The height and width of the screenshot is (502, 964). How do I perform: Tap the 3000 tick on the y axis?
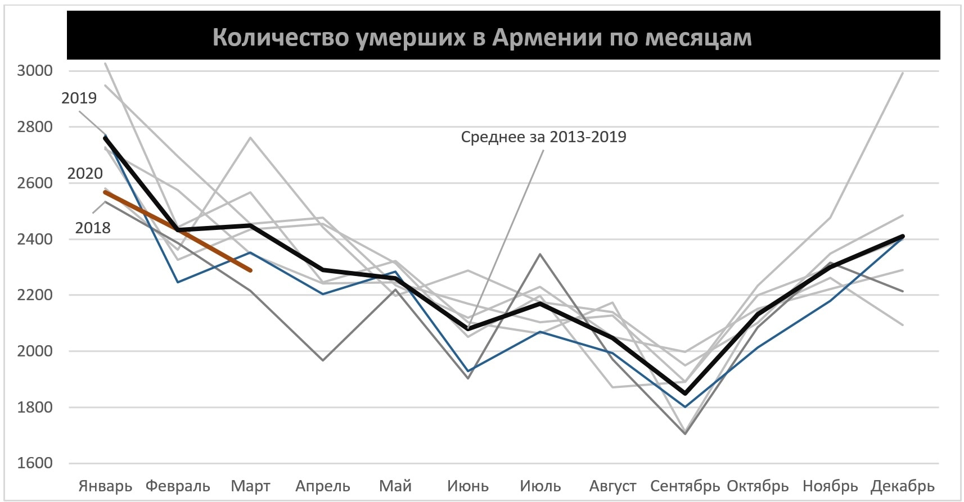35,71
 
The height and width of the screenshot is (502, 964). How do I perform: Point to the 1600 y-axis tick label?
35,463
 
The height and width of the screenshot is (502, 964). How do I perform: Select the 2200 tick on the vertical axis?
35,295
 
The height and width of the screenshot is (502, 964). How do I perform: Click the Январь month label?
105,486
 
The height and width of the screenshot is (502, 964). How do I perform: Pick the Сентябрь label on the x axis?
684,486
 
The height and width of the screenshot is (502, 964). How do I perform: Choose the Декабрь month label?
902,486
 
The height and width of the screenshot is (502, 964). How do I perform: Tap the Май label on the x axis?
395,486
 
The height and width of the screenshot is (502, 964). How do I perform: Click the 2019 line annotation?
79,98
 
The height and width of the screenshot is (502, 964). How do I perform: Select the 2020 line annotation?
85,174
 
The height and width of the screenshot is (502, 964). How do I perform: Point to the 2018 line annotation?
93,228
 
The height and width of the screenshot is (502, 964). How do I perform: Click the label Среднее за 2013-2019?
543,137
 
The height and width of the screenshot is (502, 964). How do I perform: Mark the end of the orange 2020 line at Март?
250,270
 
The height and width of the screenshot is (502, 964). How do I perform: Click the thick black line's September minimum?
685,393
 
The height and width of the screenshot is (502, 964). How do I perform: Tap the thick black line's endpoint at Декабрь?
903,236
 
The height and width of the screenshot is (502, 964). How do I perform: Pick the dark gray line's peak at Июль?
540,254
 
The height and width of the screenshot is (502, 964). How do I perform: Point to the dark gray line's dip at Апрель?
323,360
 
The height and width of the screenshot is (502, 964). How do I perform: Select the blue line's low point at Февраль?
178,282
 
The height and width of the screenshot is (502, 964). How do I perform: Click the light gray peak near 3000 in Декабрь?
903,73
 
